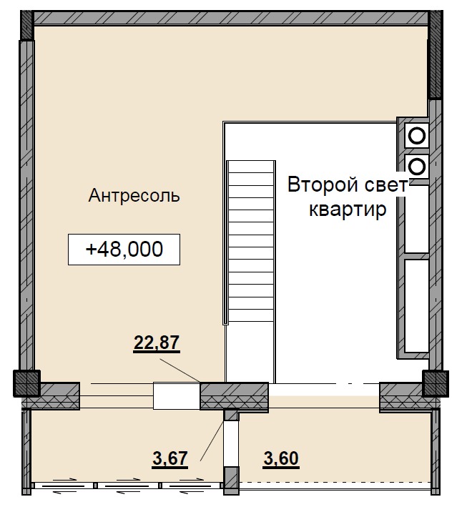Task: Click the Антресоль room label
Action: (134, 195)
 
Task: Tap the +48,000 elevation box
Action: (124, 250)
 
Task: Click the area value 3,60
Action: (281, 457)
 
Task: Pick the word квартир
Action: (347, 210)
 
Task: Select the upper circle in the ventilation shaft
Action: (416, 134)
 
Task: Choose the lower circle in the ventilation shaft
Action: (416, 166)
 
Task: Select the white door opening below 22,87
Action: (176, 395)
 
